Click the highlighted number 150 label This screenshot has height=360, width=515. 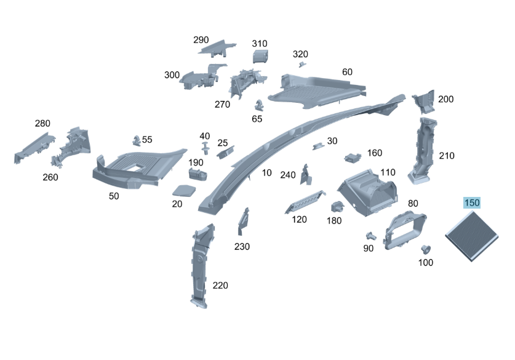(472, 202)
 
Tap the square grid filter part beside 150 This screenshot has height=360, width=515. (472, 236)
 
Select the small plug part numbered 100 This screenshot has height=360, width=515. (426, 250)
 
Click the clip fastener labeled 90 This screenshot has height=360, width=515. (371, 236)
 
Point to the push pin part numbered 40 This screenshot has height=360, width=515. (206, 148)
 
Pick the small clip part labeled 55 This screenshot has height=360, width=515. (137, 140)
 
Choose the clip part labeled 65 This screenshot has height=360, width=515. (259, 105)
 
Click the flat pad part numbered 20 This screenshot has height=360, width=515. (184, 191)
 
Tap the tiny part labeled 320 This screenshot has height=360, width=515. (302, 65)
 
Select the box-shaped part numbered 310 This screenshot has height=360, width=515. (260, 56)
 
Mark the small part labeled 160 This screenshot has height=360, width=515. (353, 158)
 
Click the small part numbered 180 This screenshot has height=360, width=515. (337, 207)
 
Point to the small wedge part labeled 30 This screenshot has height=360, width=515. (318, 146)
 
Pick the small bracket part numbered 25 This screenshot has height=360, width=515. (225, 153)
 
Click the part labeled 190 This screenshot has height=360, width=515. (198, 174)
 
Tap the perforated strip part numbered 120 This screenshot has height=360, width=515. (305, 202)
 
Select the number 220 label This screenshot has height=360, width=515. (220, 286)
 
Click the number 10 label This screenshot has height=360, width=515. (266, 173)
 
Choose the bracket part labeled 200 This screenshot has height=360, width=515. (424, 101)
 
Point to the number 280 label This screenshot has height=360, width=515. (42, 123)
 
